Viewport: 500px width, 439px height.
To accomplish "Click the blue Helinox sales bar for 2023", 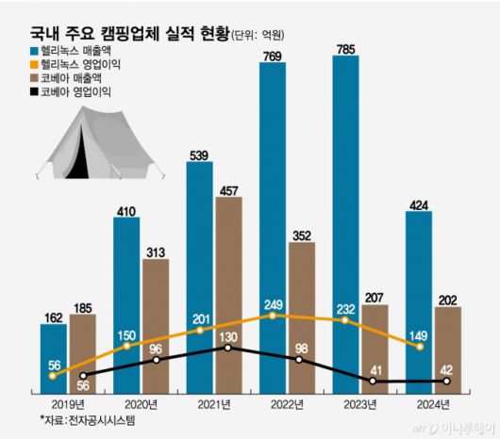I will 346,207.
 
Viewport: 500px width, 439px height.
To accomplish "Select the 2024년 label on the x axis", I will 432,404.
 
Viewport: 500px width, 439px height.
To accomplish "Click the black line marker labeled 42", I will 447,382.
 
